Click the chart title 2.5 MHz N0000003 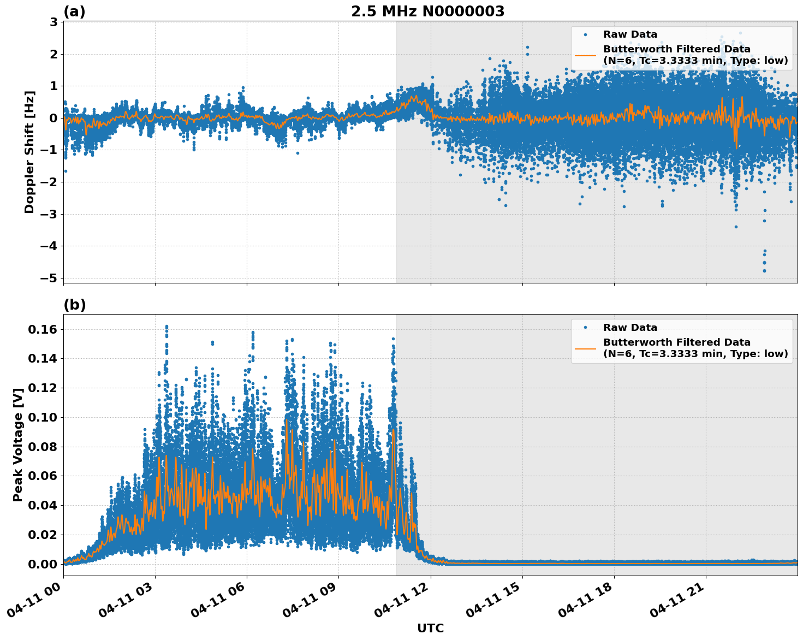click(x=427, y=11)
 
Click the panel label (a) click(x=74, y=11)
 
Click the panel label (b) click(x=74, y=305)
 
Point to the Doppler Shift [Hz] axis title click(x=29, y=152)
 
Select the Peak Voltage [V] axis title click(x=18, y=445)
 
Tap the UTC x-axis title click(x=430, y=628)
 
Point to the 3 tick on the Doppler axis click(x=53, y=22)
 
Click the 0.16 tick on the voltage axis click(x=43, y=329)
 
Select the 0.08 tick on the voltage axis click(x=43, y=447)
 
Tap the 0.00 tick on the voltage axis click(x=43, y=564)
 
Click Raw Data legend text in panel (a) click(x=630, y=34)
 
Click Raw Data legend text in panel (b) click(x=630, y=328)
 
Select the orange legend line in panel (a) click(x=585, y=55)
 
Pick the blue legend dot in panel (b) click(x=585, y=328)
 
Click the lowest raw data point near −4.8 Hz click(x=764, y=270)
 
